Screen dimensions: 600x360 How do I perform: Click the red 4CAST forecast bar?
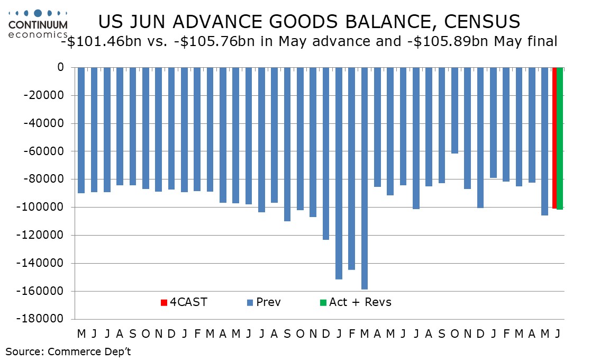point(554,138)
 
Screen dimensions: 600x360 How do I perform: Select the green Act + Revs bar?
point(559,138)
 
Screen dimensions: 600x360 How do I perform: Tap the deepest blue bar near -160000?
point(364,178)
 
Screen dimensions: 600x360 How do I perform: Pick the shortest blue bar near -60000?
point(454,110)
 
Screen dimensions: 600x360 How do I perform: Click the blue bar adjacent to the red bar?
point(544,141)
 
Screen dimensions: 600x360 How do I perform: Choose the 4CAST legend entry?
point(184,302)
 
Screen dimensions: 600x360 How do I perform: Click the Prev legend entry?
point(264,302)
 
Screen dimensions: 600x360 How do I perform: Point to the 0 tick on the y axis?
point(60,67)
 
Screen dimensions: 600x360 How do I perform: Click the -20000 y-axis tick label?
point(43,95)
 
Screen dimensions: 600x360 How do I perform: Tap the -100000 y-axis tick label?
point(40,207)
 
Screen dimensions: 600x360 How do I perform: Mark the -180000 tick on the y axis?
point(40,319)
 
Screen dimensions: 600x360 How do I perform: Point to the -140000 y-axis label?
point(40,263)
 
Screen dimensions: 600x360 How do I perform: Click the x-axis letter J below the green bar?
point(558,334)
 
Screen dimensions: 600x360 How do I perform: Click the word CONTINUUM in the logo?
point(38,25)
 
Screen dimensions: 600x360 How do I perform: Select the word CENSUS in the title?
point(482,22)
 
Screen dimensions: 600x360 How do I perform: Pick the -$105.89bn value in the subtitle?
point(448,41)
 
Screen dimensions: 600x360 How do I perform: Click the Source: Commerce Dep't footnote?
point(68,352)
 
